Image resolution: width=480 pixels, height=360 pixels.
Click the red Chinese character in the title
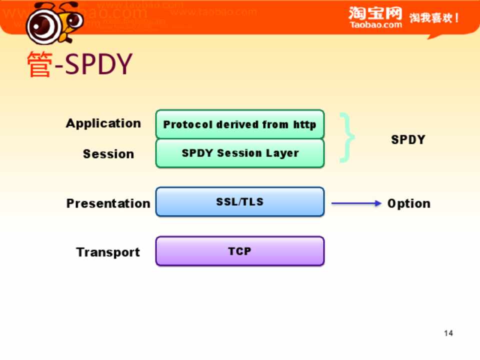coord(39,64)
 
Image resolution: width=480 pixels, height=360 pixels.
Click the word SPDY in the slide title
coord(98,64)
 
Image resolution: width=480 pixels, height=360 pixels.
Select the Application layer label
coord(103,123)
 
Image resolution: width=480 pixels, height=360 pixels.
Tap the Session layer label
coord(108,153)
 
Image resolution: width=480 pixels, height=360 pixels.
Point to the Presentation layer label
coord(108,203)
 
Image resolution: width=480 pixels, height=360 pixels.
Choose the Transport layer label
coord(108,252)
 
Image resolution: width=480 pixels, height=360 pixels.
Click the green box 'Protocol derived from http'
coord(240,124)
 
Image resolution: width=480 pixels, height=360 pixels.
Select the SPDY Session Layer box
coord(240,153)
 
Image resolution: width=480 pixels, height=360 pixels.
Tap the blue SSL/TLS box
coord(240,201)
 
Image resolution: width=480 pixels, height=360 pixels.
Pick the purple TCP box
coord(240,251)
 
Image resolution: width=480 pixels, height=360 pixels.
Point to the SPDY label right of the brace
coord(408,139)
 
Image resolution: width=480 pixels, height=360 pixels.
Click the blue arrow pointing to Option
coord(356,203)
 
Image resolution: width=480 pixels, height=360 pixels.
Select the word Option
coord(409,203)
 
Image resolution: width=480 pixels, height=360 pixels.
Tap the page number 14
coord(448,333)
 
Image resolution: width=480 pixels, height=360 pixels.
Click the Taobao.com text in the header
coord(376,25)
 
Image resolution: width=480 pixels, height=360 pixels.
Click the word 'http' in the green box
coord(304,124)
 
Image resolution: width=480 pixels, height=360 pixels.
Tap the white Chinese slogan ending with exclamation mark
coord(434,18)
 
